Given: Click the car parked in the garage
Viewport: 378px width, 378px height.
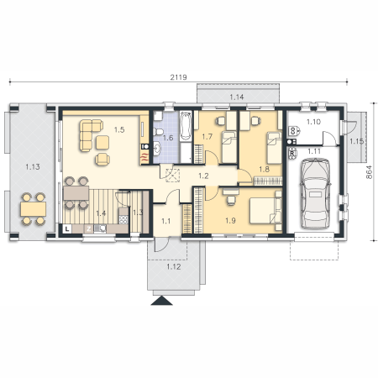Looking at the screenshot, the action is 315,194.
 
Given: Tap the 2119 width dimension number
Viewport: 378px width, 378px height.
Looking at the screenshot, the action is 179,77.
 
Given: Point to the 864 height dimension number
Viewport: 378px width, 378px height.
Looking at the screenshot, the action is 370,172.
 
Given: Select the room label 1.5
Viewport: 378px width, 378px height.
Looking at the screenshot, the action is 119,129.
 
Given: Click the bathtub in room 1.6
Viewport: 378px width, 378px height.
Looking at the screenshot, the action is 186,126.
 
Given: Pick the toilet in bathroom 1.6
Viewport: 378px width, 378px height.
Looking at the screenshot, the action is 160,132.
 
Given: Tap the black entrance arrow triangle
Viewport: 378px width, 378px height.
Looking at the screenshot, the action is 161,301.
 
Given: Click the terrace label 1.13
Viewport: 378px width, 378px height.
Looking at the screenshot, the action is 33,167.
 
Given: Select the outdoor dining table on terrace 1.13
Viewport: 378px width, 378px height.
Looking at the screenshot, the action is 34,209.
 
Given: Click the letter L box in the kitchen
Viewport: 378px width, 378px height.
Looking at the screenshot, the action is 67,228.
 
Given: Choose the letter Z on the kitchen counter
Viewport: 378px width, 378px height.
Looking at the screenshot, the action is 88,229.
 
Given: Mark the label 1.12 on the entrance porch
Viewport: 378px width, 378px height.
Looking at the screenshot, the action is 174,267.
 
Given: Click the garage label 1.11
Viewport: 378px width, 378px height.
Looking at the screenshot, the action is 314,151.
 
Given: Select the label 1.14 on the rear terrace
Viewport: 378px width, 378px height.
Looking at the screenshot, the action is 237,97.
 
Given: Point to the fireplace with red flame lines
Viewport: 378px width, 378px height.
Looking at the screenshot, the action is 144,158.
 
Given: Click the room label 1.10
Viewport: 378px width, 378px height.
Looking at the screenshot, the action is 313,122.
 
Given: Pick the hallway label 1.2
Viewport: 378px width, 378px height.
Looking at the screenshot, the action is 203,176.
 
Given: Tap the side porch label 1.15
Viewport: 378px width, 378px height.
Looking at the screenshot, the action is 356,141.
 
